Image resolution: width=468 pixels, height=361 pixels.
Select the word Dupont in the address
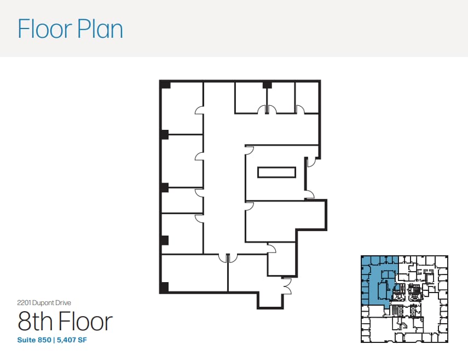[47, 302]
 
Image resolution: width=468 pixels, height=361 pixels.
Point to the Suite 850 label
[35, 340]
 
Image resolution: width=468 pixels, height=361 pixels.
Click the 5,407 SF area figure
[72, 340]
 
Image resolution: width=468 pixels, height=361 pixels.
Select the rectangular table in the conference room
[277, 172]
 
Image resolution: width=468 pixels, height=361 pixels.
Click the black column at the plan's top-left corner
[165, 85]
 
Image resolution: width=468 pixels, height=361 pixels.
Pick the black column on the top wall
[267, 85]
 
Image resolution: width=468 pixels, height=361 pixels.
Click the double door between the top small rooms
[267, 110]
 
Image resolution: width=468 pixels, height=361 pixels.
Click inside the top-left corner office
[182, 107]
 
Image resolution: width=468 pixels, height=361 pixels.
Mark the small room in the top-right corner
[307, 96]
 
